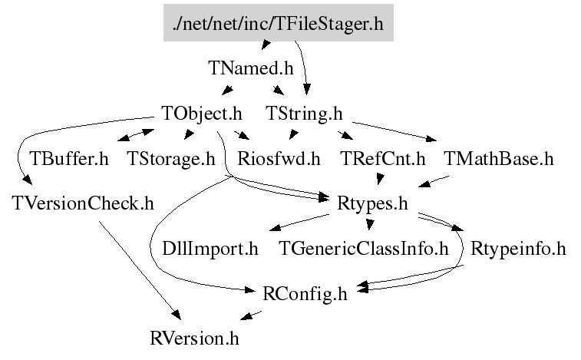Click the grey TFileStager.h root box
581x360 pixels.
(x=279, y=23)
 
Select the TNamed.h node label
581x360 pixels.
(x=251, y=68)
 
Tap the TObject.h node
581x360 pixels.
(x=202, y=114)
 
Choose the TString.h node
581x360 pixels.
(x=304, y=114)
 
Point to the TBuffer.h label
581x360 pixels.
(x=69, y=160)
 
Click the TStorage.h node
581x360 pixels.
(x=171, y=160)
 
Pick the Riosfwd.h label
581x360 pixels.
(x=279, y=160)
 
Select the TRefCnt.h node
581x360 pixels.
(x=382, y=160)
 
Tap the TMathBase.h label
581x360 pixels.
(x=499, y=160)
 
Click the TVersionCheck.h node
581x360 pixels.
(x=84, y=204)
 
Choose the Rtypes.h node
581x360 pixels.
(x=372, y=204)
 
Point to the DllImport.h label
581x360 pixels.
(x=210, y=249)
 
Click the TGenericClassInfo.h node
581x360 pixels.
(x=363, y=249)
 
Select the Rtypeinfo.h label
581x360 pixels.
(x=518, y=249)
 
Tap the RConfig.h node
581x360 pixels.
(x=305, y=293)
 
